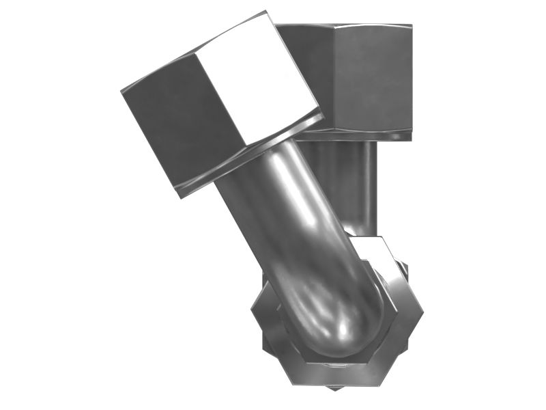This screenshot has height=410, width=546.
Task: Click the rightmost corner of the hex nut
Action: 423,311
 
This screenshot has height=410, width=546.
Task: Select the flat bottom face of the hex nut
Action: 334,372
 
